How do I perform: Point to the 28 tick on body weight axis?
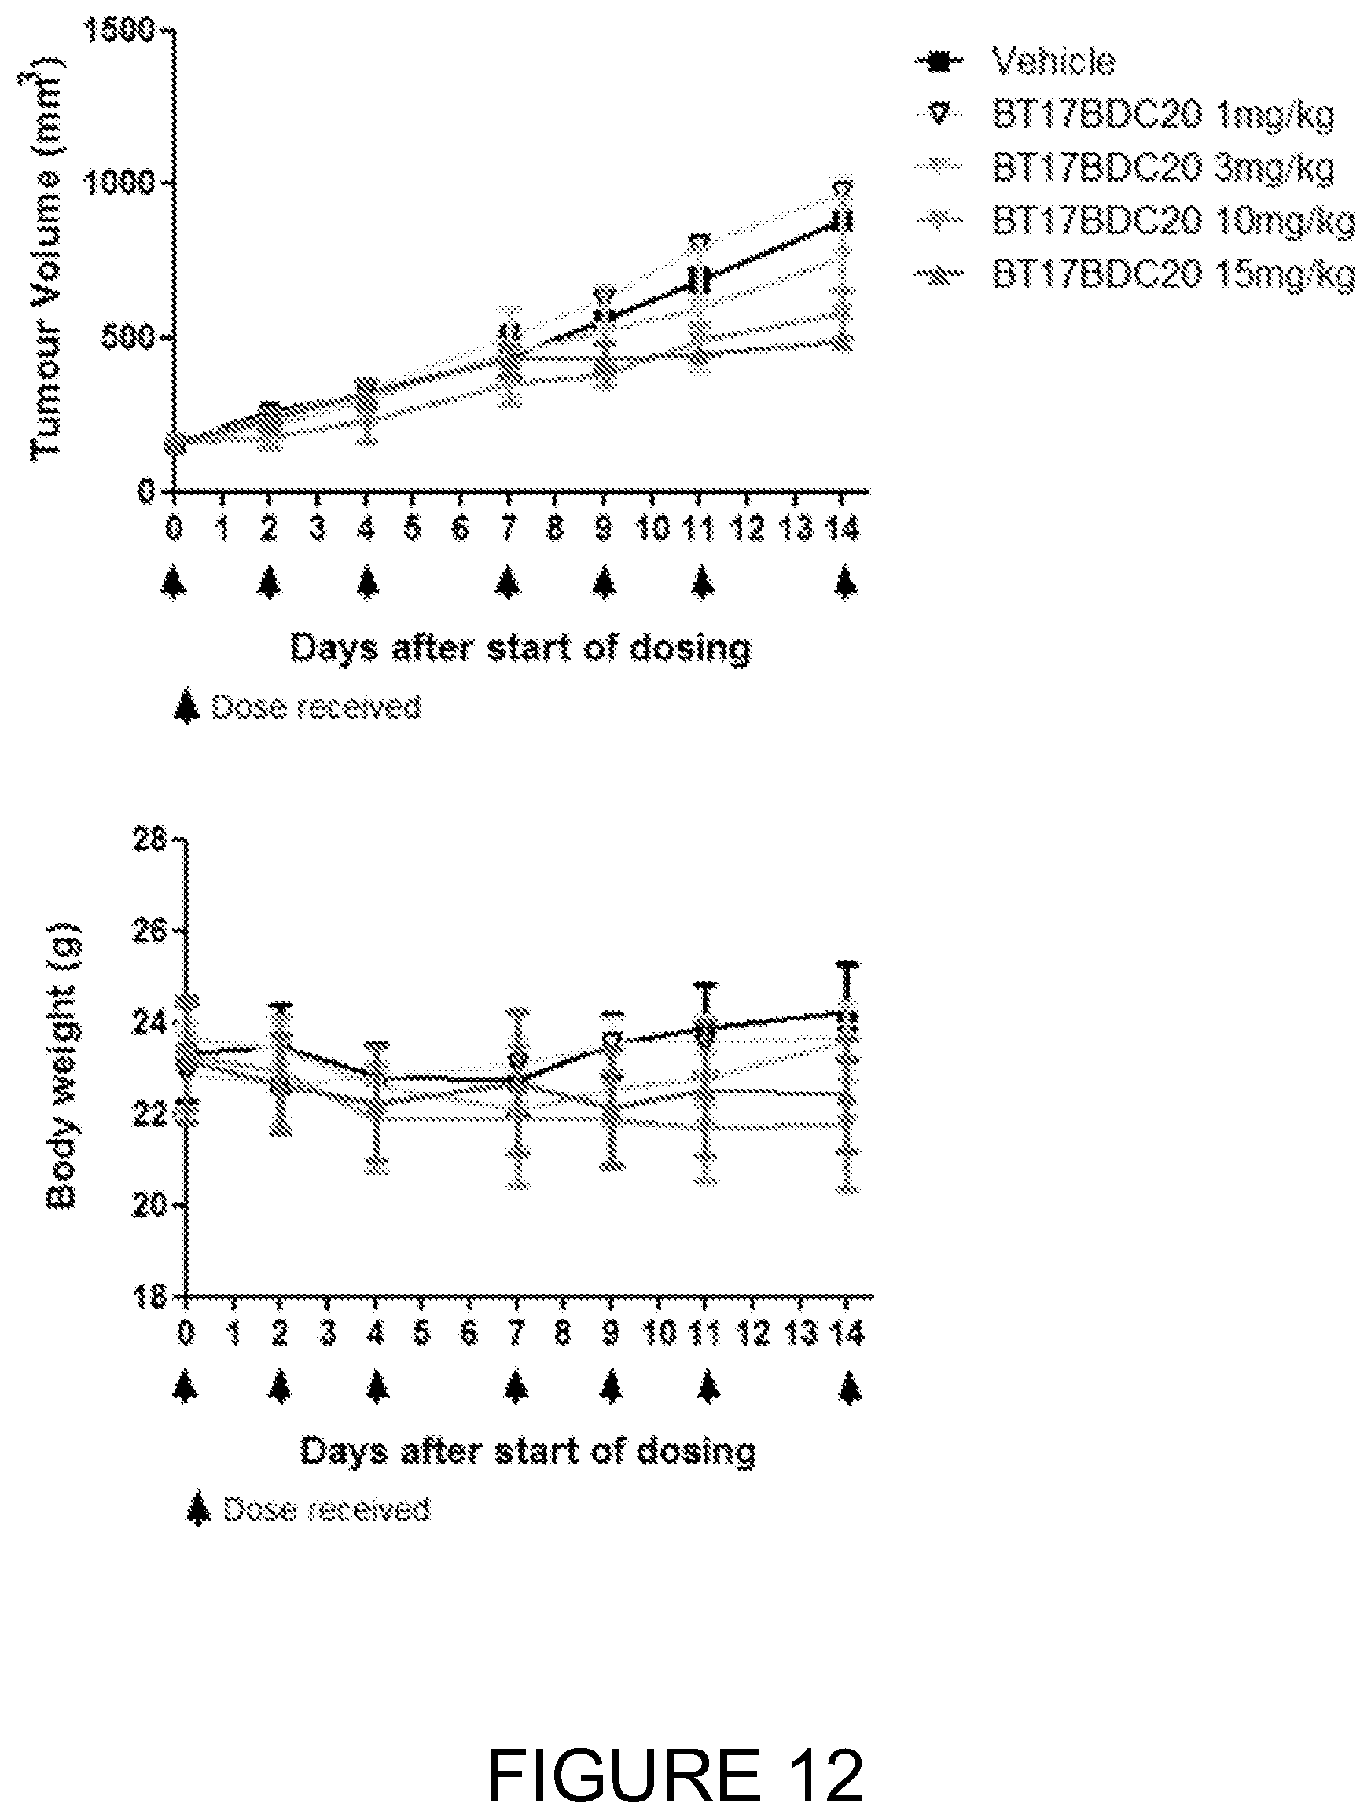(151, 841)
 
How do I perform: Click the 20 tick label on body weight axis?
(151, 1204)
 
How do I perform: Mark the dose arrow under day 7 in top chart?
(509, 582)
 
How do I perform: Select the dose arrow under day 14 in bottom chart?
(851, 1388)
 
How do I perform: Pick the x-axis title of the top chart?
(521, 648)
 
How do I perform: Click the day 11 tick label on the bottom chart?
(704, 1331)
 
